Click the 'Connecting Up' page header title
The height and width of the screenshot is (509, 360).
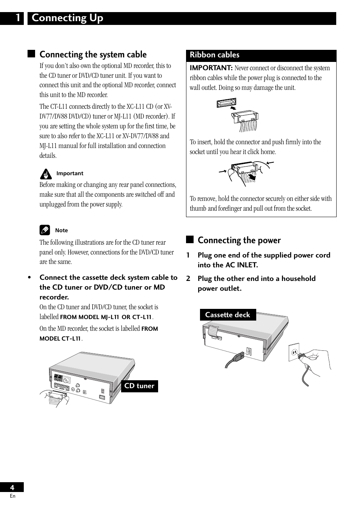(x=68, y=18)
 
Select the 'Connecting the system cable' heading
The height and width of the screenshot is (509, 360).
(x=93, y=54)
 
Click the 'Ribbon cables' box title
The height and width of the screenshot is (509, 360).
(x=214, y=55)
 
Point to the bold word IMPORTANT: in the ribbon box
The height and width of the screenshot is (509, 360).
(x=211, y=68)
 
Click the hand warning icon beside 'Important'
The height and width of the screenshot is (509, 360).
(x=45, y=174)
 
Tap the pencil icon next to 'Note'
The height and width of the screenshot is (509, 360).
(x=45, y=230)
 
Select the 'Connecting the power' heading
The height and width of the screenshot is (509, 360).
(x=239, y=240)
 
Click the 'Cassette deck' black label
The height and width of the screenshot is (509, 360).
(x=228, y=315)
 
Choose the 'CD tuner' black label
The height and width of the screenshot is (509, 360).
(x=139, y=386)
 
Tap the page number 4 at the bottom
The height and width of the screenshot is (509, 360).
(x=12, y=487)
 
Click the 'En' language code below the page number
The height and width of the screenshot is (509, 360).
(x=12, y=496)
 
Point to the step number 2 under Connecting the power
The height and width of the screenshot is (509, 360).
(x=188, y=279)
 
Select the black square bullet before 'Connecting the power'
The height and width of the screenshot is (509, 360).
(x=189, y=240)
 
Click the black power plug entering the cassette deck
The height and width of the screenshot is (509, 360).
(x=238, y=356)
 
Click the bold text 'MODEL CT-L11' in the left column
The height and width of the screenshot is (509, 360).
(x=60, y=339)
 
